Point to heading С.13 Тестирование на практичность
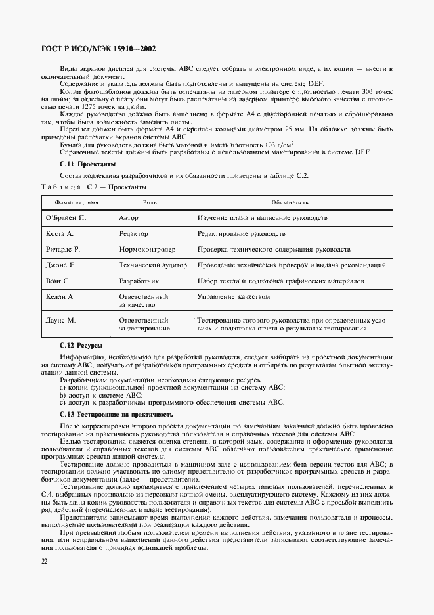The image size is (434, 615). pos(116,415)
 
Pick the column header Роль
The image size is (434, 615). pos(150,203)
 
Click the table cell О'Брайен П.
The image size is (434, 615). pos(66,217)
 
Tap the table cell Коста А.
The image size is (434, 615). pos(60,234)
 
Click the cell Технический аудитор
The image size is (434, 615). pos(152,265)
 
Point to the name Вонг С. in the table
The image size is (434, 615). pos(58,281)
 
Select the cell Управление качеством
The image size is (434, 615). pos(233,297)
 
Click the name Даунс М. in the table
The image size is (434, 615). pos(61,320)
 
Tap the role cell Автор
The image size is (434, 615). pos(129,217)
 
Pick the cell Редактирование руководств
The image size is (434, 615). pos(241,234)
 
